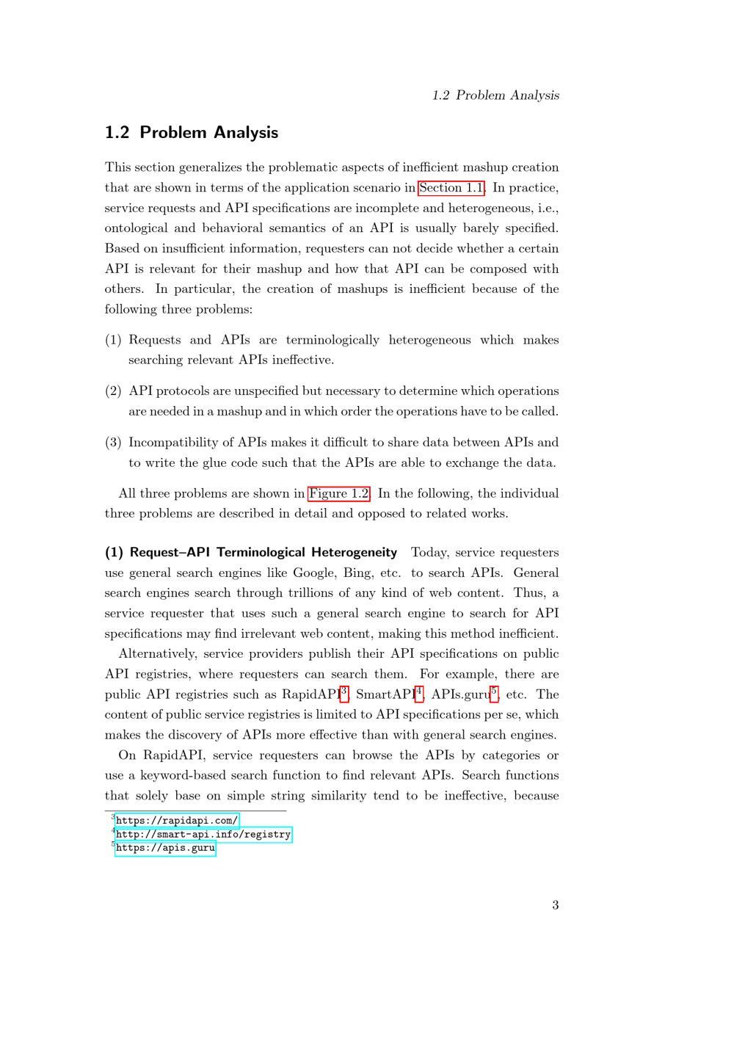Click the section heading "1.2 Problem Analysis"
coord(192,133)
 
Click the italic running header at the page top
coord(495,95)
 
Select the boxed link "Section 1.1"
coord(451,188)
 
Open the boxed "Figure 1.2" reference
coord(339,493)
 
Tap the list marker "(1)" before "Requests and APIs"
coord(113,340)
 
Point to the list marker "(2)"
coord(113,391)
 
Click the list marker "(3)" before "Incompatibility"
coord(113,443)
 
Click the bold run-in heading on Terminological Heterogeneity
coord(251,552)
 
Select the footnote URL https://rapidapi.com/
coord(177,821)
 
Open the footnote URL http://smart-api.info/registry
coord(203,835)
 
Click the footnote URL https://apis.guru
coord(165,848)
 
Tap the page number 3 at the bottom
coord(556,905)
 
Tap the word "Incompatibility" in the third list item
coord(171,443)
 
